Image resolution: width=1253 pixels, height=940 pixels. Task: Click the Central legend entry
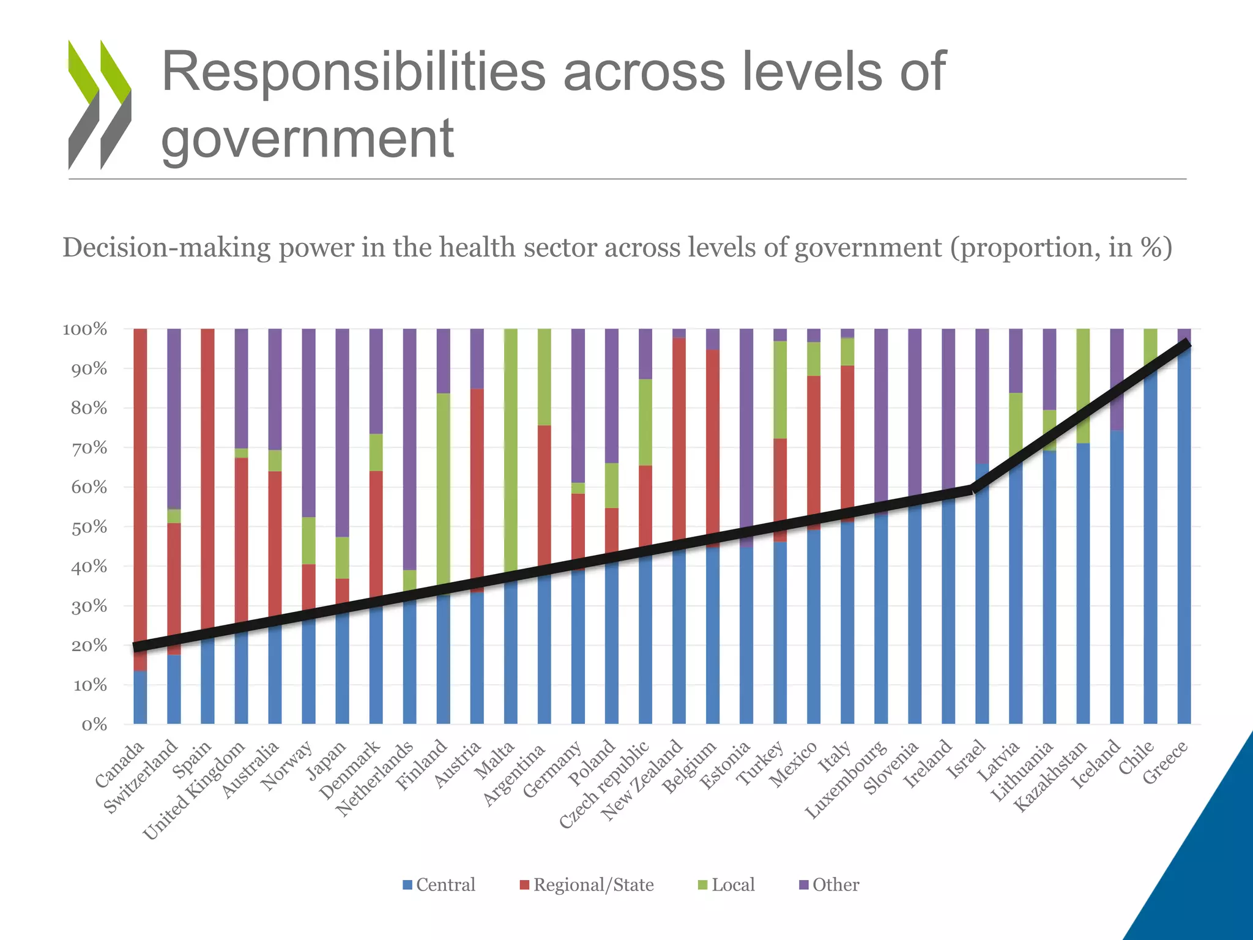(x=439, y=885)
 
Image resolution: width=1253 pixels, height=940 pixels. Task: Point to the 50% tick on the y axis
(x=89, y=528)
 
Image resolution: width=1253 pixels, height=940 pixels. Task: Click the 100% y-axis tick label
(x=85, y=329)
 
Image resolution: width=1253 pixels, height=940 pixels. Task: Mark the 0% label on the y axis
(x=94, y=725)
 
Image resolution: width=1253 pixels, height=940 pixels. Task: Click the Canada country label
(x=120, y=764)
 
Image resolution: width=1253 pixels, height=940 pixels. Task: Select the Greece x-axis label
(x=1165, y=763)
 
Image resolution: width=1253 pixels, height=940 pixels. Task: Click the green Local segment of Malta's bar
(x=510, y=447)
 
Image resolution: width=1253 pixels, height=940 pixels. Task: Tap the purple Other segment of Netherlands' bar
(x=409, y=447)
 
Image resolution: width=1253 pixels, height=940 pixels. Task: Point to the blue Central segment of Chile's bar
(x=1150, y=551)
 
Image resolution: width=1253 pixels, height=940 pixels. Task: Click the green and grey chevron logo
(x=100, y=105)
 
